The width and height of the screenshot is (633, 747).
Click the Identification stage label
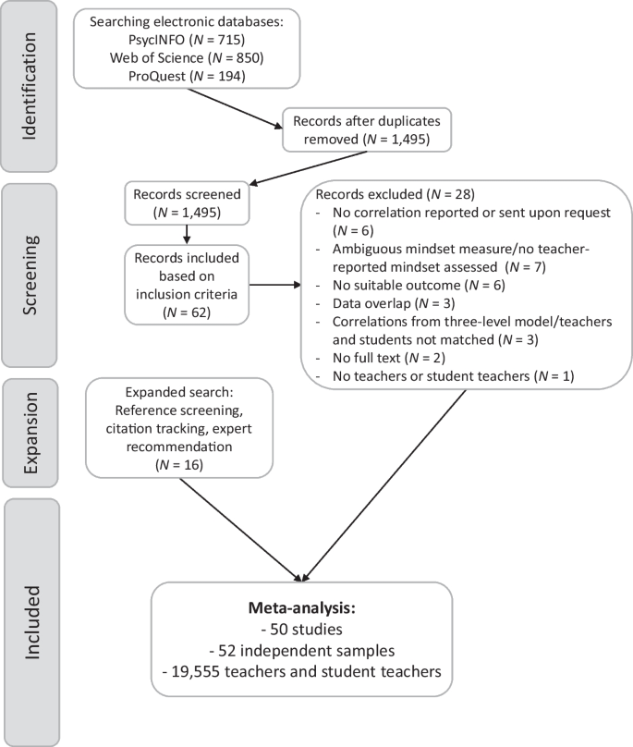point(30,86)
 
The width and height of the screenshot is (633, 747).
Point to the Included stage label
point(30,620)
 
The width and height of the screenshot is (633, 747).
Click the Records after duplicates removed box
point(368,131)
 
